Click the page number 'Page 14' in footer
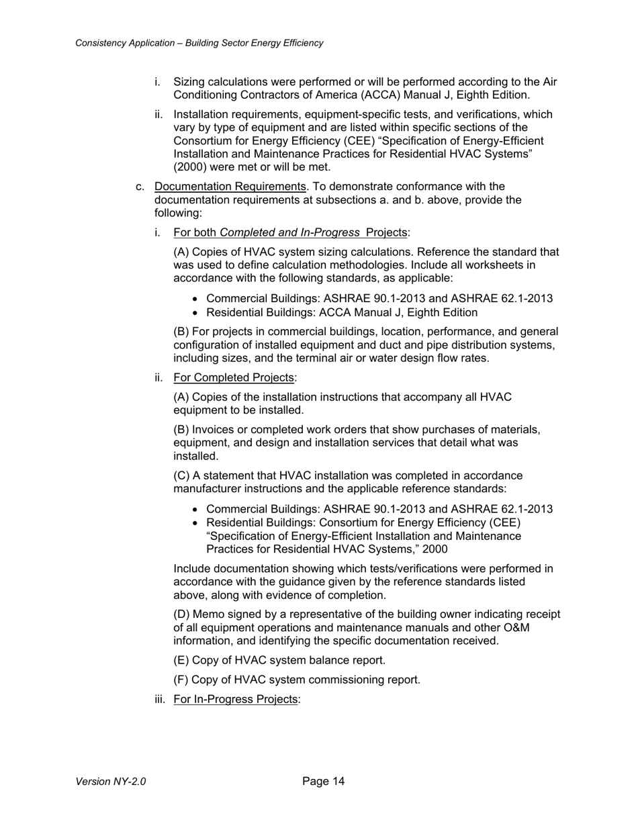(323, 781)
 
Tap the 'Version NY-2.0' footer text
(111, 782)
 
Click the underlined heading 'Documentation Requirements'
(230, 186)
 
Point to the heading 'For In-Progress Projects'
(235, 699)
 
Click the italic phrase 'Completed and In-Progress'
(289, 232)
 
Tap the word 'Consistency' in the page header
(101, 43)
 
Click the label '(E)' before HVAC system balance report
(181, 660)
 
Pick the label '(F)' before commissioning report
(181, 680)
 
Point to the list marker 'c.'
(140, 186)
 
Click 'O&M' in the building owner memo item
(547, 627)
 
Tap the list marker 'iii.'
(161, 699)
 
